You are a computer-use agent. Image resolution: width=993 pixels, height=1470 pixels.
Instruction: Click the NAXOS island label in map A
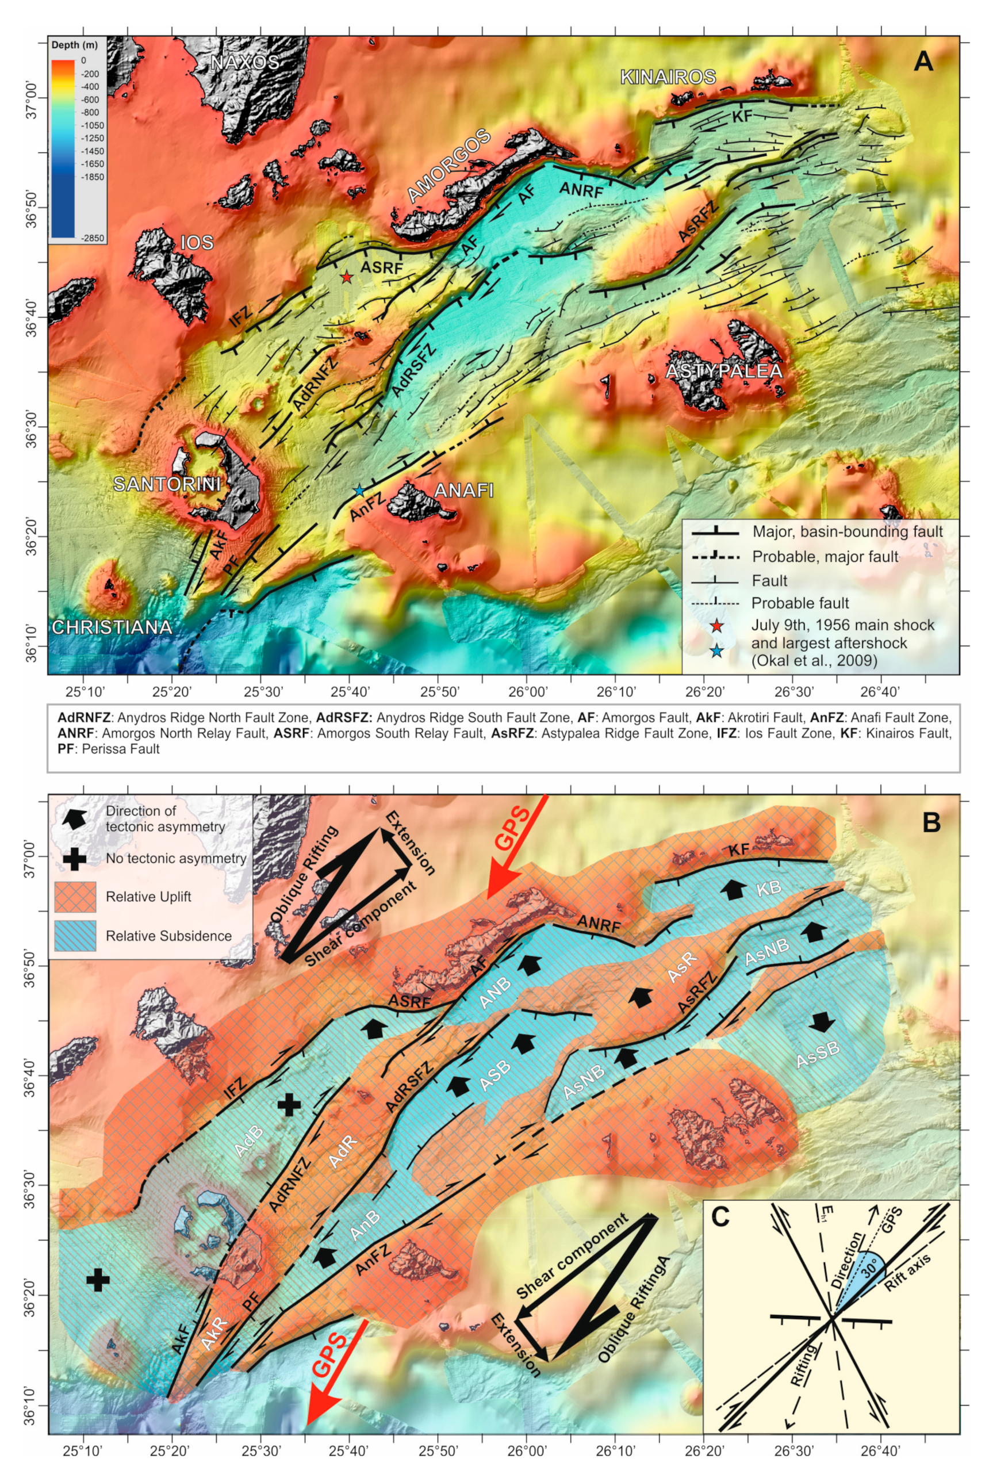[x=244, y=62]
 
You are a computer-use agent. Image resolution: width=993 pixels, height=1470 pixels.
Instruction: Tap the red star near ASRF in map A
[x=346, y=277]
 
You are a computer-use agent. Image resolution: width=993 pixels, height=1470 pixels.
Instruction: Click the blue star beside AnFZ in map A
[x=359, y=490]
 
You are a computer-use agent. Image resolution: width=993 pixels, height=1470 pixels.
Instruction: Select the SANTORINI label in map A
[x=166, y=484]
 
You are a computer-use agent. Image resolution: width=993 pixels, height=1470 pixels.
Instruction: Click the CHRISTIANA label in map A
[x=112, y=627]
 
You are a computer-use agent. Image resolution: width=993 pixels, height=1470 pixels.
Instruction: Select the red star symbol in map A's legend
[x=715, y=626]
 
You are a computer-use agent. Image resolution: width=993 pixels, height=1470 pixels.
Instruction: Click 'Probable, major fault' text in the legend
[x=825, y=557]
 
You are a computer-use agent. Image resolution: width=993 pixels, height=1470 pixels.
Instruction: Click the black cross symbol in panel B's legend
[x=75, y=858]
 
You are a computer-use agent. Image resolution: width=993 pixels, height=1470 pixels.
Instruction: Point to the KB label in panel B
[x=768, y=887]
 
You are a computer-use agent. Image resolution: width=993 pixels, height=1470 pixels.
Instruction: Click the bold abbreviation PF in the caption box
[x=65, y=749]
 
